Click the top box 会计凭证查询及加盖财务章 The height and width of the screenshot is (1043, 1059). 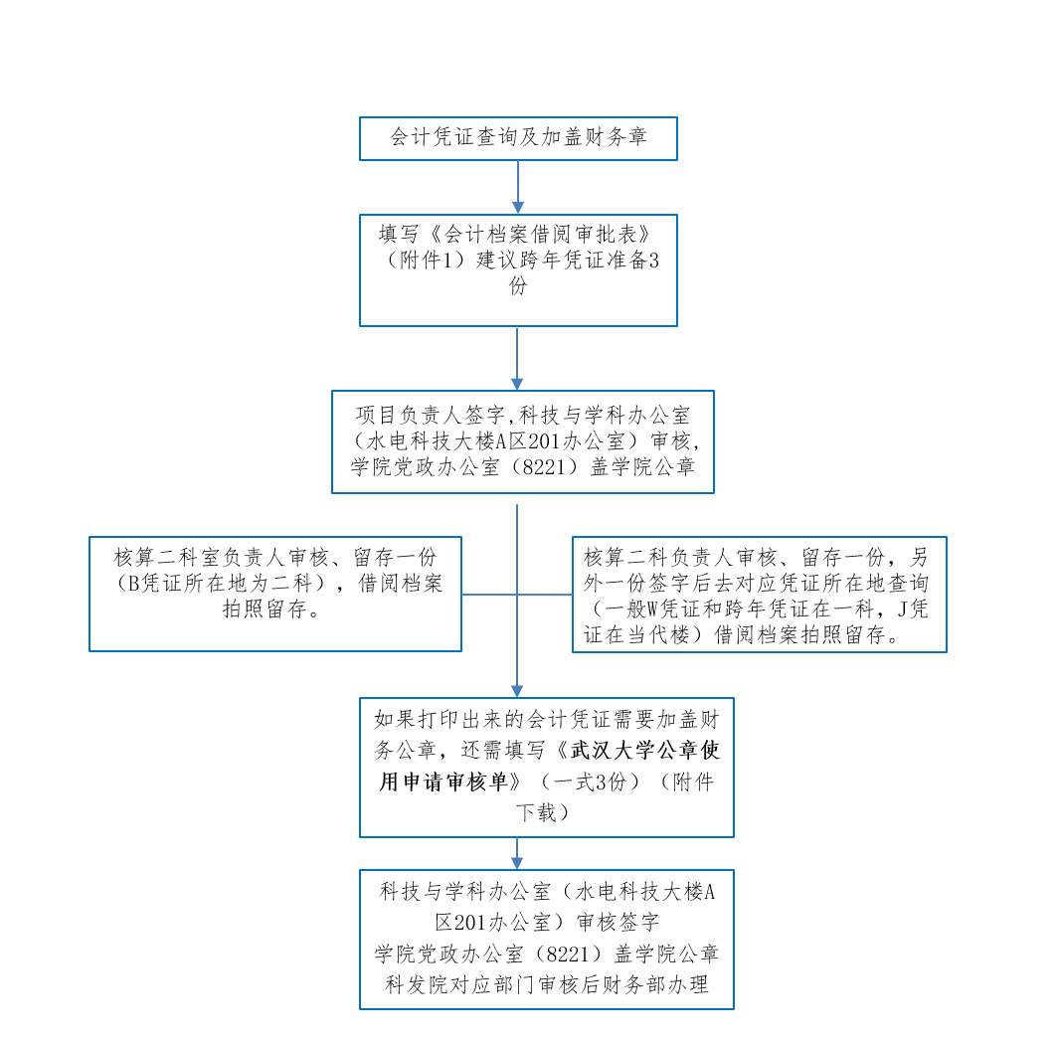tap(518, 138)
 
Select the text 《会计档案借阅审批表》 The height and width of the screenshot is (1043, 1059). tap(542, 236)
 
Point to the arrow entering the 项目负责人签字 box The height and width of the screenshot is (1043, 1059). tap(517, 359)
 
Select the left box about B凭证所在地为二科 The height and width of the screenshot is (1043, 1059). tap(275, 594)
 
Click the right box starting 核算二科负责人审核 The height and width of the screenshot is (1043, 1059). tap(759, 594)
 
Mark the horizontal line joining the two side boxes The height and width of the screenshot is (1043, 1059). tap(517, 595)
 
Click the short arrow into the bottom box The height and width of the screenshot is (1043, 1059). tap(517, 853)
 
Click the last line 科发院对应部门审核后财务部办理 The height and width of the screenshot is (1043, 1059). tap(547, 985)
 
